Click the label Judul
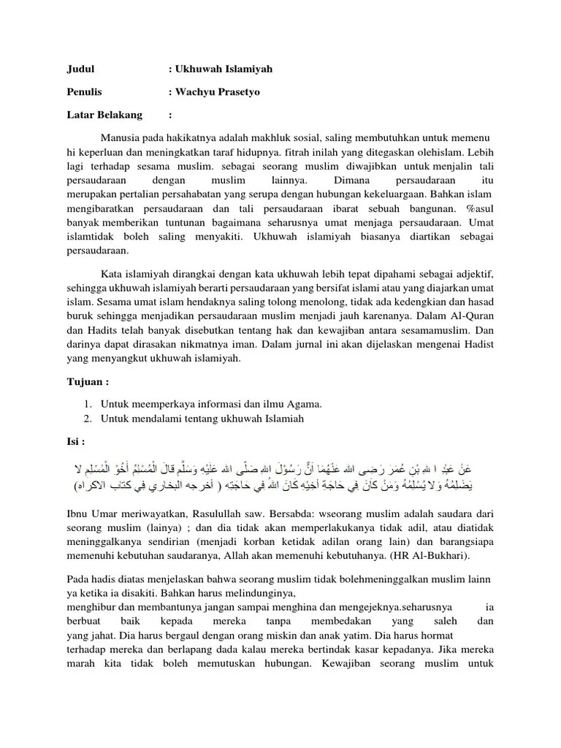click(x=80, y=69)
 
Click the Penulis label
click(x=85, y=92)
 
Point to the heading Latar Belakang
click(x=104, y=115)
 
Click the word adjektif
click(x=473, y=274)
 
